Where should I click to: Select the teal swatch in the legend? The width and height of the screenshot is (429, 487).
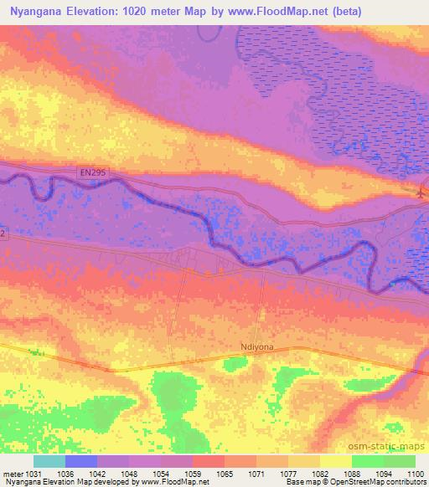click(49, 461)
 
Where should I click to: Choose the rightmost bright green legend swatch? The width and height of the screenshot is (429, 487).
click(399, 461)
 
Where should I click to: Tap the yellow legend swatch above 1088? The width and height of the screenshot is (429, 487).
click(335, 461)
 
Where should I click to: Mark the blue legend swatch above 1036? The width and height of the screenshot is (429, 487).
click(81, 461)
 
